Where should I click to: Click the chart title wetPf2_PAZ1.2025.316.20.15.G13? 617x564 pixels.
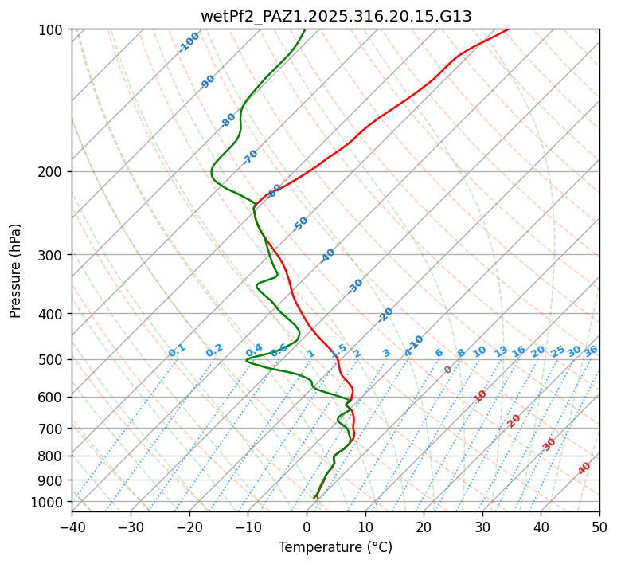[336, 16]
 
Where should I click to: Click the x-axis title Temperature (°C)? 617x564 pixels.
[335, 548]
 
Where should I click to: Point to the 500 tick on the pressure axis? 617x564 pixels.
[53, 360]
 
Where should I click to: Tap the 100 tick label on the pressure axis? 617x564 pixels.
[53, 30]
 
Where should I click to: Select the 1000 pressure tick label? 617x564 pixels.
[50, 502]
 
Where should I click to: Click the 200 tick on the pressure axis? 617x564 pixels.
[53, 172]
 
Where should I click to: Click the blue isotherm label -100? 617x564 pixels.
[189, 42]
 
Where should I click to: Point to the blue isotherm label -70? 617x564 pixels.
[250, 157]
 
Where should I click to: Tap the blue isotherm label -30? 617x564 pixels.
[355, 286]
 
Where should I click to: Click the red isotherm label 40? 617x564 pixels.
[584, 468]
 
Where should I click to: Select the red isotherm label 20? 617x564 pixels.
[514, 421]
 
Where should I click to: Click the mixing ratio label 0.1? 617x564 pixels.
[177, 351]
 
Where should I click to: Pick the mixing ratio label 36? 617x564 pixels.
[591, 351]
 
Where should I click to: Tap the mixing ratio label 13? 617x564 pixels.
[501, 351]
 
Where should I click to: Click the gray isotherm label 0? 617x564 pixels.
[448, 370]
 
